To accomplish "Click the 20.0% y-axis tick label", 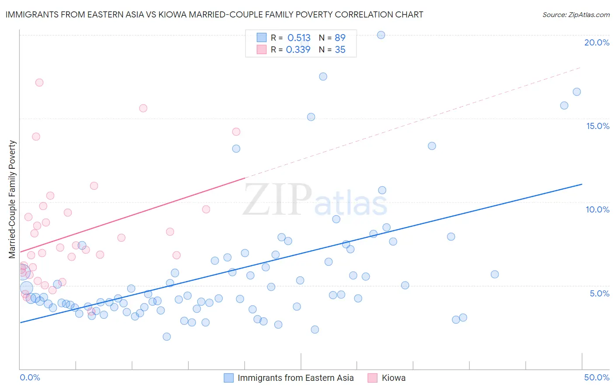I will (597, 42).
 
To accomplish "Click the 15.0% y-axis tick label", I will (598, 126).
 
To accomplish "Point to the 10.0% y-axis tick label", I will (598, 209).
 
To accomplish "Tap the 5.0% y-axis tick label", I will (599, 293).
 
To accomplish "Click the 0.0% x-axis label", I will (30, 377).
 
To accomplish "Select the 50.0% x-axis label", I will (597, 377).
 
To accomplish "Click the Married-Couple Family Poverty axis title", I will (12, 199).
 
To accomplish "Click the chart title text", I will (214, 14).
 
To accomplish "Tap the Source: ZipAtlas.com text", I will (576, 15).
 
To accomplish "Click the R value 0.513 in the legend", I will (299, 38).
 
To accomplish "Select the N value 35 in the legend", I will (340, 49).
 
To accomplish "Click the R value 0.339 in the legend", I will (298, 49).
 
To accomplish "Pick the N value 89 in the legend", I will (340, 38).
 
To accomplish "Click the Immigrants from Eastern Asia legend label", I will (295, 378).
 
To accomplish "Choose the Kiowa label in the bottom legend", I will (393, 378).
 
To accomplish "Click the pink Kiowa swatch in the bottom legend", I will (372, 378).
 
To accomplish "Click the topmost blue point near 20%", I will (381, 35).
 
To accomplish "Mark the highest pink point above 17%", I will (39, 83).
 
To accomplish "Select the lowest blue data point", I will (167, 337).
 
